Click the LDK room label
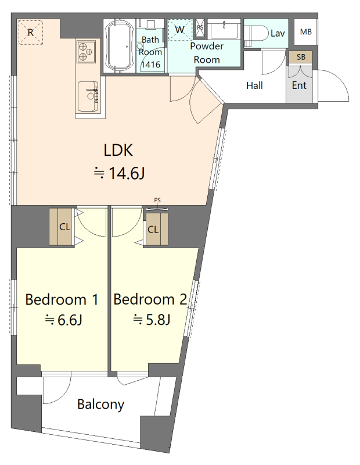(118, 150)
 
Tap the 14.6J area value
(127, 173)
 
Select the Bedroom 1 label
(62, 299)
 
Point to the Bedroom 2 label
(150, 299)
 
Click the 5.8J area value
(158, 320)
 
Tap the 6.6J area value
(70, 320)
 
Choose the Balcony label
(100, 405)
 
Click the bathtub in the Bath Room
(120, 45)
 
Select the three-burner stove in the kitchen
(86, 52)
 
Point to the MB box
(305, 32)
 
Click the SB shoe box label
(301, 56)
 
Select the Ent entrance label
(299, 85)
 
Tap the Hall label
(254, 85)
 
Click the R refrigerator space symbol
(31, 32)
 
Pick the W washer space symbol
(180, 30)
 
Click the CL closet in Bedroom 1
(62, 227)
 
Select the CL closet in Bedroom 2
(157, 229)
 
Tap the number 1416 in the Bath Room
(150, 65)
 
